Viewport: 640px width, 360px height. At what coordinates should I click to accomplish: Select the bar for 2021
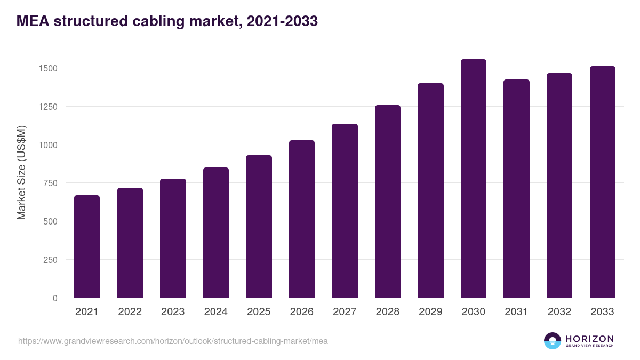pos(87,246)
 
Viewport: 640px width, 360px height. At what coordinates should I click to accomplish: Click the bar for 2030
pos(474,179)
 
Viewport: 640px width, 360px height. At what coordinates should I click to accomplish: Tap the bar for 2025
pos(259,227)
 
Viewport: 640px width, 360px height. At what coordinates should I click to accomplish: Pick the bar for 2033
pos(602,182)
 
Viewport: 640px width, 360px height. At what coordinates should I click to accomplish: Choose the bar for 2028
pos(388,202)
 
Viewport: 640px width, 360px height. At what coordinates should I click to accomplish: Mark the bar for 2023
pos(173,238)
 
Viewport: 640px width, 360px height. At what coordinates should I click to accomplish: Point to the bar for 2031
pos(516,189)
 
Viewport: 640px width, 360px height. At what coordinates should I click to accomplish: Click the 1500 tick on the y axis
pos(48,68)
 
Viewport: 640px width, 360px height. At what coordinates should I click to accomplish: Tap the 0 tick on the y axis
pos(55,298)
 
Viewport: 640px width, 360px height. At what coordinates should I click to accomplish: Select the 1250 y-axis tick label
pos(48,107)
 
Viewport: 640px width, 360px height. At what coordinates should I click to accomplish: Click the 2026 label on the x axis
pos(302,312)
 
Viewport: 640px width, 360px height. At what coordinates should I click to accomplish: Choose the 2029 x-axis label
pos(430,312)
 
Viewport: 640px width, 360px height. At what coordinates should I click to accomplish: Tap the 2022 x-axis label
pos(130,312)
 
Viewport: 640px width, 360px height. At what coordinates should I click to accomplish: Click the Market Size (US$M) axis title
pos(21,172)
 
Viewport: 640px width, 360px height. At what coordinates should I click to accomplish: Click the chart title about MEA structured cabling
pos(167,21)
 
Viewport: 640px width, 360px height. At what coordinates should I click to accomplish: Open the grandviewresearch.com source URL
pos(173,341)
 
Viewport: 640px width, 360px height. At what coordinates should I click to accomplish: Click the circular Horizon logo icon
pos(553,341)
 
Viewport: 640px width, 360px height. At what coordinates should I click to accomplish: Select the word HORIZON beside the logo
pos(589,339)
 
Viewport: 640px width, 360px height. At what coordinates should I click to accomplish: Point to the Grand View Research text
pos(589,346)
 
